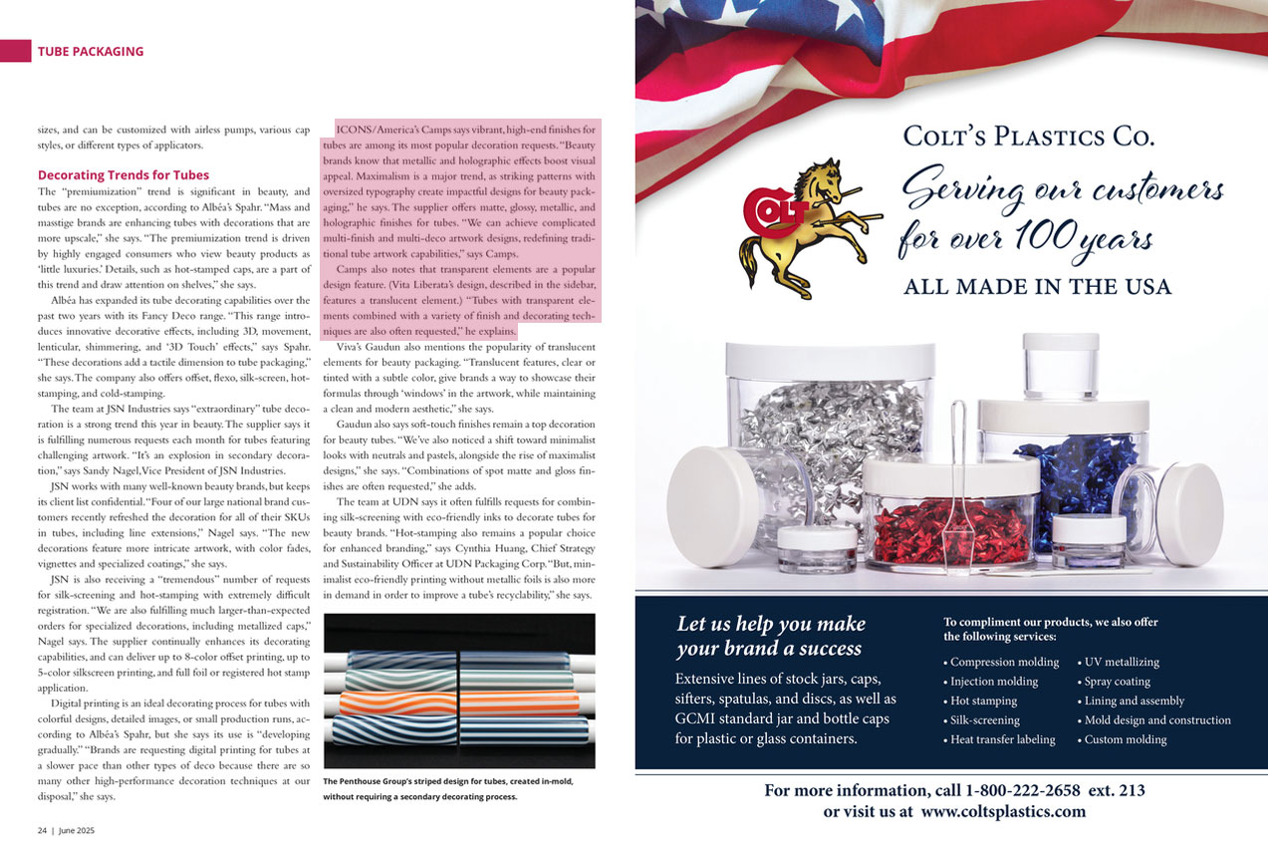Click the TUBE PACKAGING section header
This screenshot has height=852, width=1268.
(x=91, y=52)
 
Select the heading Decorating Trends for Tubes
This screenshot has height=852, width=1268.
(x=123, y=175)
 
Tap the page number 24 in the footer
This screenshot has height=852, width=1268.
(x=43, y=829)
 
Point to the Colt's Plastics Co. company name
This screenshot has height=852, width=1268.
(x=1028, y=137)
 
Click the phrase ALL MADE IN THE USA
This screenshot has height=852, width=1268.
(x=1037, y=287)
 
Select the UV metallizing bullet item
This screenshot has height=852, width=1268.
(x=1122, y=662)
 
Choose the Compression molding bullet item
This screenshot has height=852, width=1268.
(x=1000, y=662)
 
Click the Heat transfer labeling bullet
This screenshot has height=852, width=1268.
(x=999, y=739)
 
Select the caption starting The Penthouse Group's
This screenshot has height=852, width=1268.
(x=448, y=788)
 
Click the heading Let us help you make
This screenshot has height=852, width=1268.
(x=770, y=625)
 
